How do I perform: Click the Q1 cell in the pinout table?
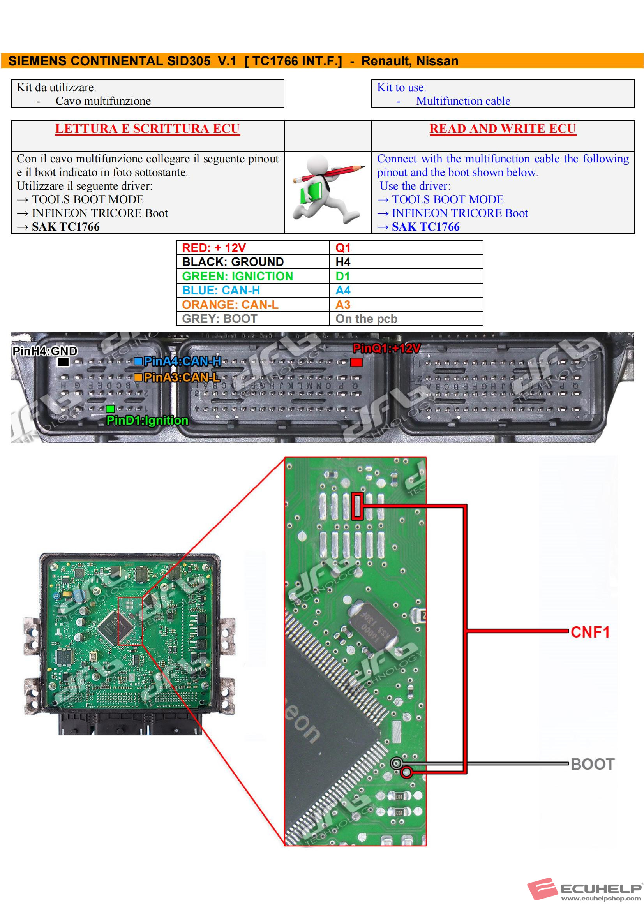point(406,248)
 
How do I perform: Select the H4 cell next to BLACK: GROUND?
point(406,262)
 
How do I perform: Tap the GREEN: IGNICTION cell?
point(253,276)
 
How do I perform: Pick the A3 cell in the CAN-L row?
point(406,304)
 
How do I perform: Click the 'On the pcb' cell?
point(406,319)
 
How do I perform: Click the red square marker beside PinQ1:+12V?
point(356,362)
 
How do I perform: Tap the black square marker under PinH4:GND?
point(63,362)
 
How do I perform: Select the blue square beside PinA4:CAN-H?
point(138,361)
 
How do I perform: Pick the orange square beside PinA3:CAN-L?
point(138,377)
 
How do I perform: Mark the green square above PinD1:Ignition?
point(110,409)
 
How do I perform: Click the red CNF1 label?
point(589,632)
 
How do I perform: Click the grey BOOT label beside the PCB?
point(592,764)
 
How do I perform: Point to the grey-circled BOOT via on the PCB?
point(396,763)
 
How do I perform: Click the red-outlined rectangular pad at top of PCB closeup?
point(357,506)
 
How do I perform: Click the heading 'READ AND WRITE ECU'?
point(502,129)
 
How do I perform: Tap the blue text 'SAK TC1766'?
point(425,227)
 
